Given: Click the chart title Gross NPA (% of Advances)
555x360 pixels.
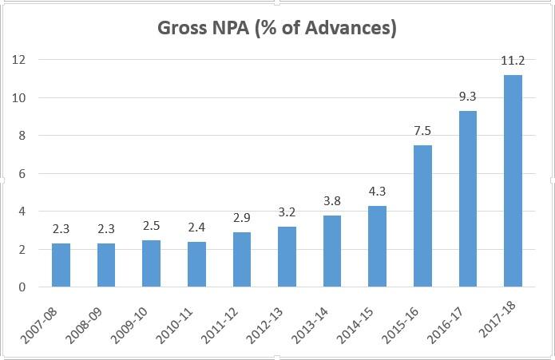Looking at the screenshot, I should tap(277, 28).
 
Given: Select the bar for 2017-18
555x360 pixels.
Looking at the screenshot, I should tap(513, 181).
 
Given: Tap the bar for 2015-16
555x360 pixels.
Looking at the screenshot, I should tap(422, 216).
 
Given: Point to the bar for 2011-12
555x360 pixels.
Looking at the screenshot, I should tap(242, 259).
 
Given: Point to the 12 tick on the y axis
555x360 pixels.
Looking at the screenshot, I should tap(18, 60).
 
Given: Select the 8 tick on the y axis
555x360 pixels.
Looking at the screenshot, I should tap(22, 136).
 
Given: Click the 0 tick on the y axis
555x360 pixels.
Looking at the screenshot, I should tap(22, 287).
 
